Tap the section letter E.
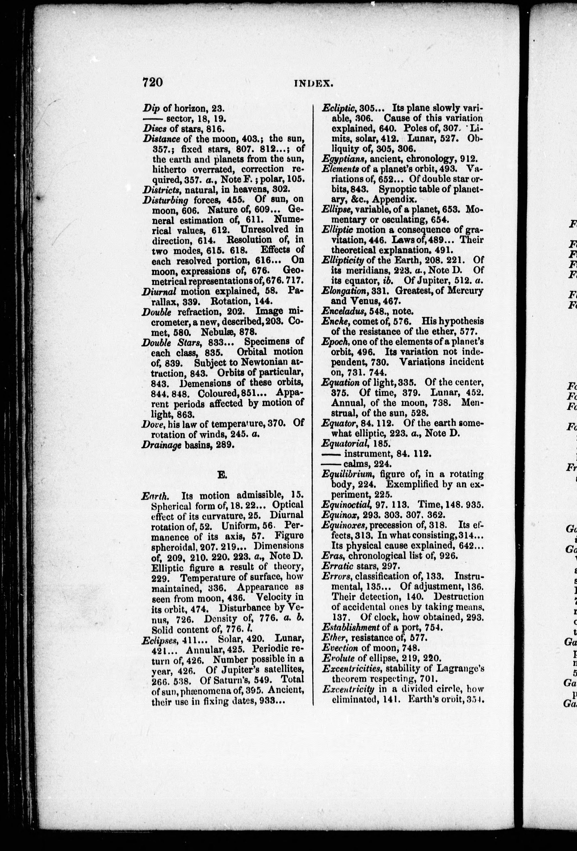[x=221, y=475]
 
